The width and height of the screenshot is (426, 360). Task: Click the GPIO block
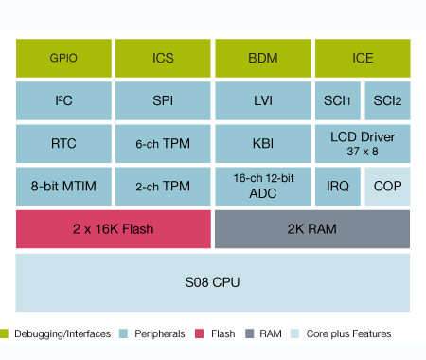click(x=64, y=58)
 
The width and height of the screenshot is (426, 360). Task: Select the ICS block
click(x=163, y=58)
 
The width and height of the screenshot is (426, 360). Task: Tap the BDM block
click(x=262, y=58)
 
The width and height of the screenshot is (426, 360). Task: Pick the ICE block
click(x=362, y=58)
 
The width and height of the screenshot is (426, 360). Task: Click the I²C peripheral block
click(x=64, y=100)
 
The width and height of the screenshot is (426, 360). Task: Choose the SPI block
click(x=163, y=100)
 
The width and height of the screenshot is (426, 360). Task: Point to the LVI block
click(x=262, y=100)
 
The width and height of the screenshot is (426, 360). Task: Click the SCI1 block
click(x=337, y=100)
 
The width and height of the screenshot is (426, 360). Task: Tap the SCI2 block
click(x=387, y=100)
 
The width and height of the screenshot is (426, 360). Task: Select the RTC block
click(x=64, y=144)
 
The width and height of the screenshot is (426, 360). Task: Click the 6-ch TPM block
click(x=163, y=144)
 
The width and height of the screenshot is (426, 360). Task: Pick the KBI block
click(x=262, y=144)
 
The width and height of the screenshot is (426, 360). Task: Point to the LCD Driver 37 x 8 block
click(x=362, y=144)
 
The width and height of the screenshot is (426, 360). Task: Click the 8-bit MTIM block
click(x=64, y=187)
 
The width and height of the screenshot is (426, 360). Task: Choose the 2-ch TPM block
click(x=163, y=187)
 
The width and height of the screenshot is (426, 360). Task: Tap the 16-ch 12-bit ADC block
click(x=262, y=187)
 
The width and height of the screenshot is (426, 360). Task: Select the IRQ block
click(x=337, y=187)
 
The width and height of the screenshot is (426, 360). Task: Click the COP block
click(x=387, y=187)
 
